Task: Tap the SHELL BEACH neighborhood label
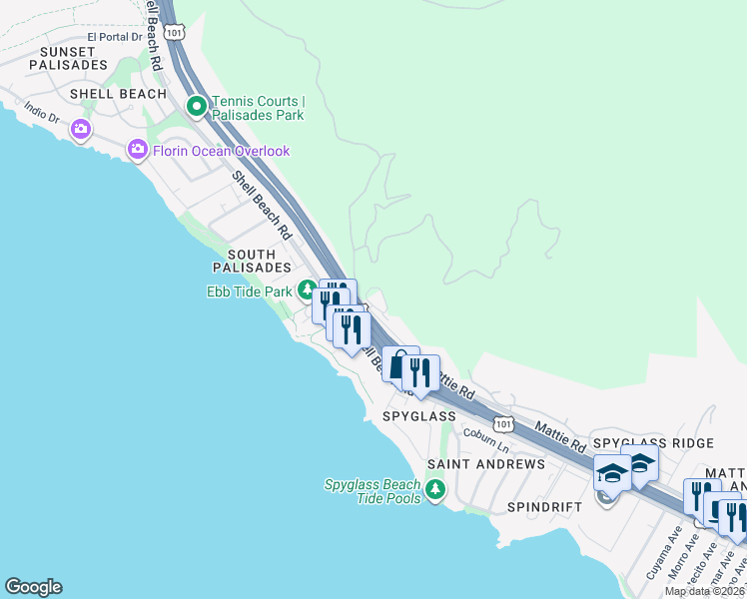[118, 94]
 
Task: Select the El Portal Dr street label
[116, 37]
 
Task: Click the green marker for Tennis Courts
[197, 104]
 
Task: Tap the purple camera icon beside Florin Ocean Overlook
[138, 151]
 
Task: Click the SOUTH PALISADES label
[252, 261]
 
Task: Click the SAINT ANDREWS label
[486, 464]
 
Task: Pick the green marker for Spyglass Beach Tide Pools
[434, 489]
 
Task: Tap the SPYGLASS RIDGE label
[653, 442]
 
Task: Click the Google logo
[33, 587]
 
